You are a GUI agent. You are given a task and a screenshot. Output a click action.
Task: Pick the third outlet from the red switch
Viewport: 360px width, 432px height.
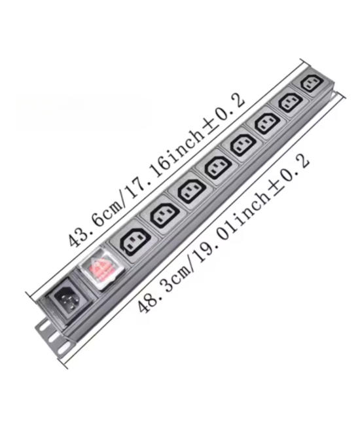[190, 192]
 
